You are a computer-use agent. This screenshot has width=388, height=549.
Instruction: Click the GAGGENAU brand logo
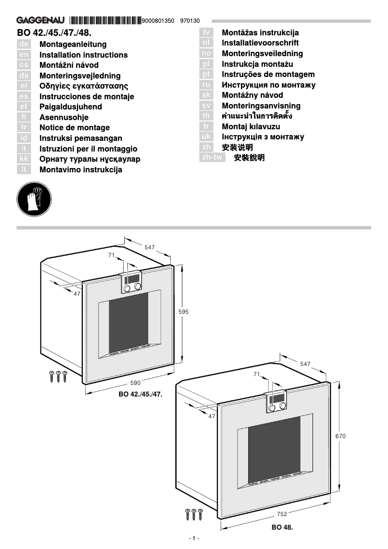(x=41, y=21)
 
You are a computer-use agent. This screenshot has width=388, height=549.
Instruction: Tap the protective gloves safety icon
(x=34, y=199)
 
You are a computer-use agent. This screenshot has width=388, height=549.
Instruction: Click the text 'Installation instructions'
(x=83, y=55)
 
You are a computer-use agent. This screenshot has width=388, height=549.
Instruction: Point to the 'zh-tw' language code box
(x=212, y=157)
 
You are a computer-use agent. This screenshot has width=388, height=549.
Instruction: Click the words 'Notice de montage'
(x=75, y=128)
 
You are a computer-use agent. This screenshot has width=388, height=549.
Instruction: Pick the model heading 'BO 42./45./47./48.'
(x=54, y=33)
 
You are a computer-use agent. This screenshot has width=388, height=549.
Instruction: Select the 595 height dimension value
(x=183, y=312)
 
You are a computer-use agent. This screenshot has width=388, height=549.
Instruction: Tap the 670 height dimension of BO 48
(x=341, y=436)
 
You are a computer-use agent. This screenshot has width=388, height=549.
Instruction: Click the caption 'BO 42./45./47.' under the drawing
(x=140, y=395)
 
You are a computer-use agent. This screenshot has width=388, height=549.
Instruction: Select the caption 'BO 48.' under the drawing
(x=282, y=527)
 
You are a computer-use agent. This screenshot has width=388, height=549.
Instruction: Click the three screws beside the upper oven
(x=58, y=376)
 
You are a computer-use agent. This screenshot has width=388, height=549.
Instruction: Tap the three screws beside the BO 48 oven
(x=194, y=514)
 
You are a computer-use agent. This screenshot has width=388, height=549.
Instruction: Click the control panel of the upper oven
(x=132, y=283)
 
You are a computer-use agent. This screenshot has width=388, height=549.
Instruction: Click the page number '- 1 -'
(x=194, y=539)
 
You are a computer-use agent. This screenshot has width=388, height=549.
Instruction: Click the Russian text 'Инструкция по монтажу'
(x=269, y=85)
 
